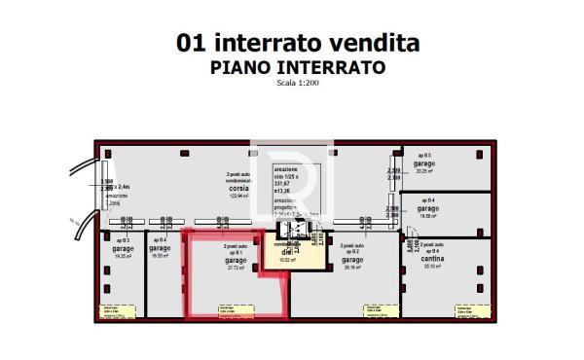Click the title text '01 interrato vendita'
(x=298, y=44)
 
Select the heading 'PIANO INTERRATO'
(x=298, y=67)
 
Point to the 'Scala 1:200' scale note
(x=298, y=83)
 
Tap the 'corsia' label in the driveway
(x=239, y=190)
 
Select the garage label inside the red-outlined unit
(x=236, y=260)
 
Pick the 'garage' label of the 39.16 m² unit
(x=351, y=260)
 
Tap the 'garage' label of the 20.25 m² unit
(x=424, y=164)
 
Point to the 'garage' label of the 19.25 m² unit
(x=124, y=249)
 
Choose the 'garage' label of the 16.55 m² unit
(x=161, y=249)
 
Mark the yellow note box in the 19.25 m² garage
(x=117, y=311)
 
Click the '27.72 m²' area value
(x=236, y=268)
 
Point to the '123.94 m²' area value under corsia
(x=239, y=197)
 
